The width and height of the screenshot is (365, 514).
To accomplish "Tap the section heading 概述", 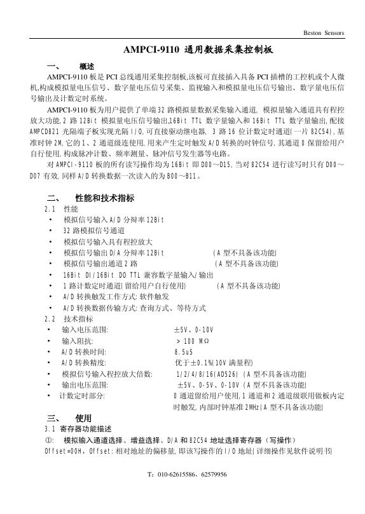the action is click(86, 66).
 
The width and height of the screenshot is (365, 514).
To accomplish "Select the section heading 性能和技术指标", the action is click(104, 198).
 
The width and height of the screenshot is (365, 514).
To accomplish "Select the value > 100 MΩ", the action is click(188, 341).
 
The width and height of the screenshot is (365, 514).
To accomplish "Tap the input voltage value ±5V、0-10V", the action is click(193, 330).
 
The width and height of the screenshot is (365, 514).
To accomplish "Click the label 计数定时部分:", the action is click(82, 396).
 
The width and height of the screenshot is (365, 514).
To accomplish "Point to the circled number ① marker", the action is click(48, 440).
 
